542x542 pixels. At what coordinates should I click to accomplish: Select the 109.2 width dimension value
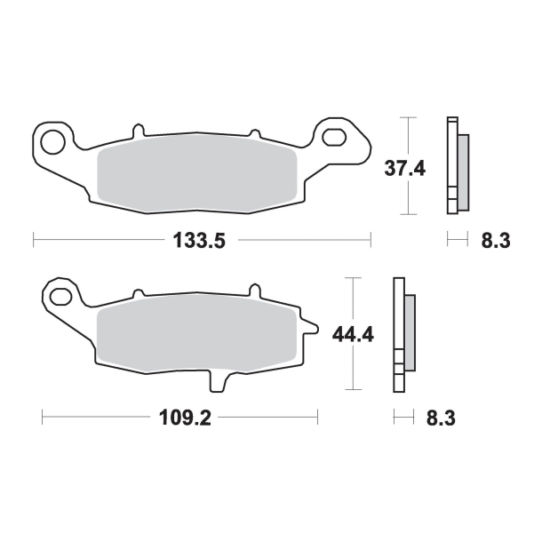point(183,417)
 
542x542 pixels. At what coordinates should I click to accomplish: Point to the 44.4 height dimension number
point(352,335)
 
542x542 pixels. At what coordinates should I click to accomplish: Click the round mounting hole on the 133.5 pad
point(52,139)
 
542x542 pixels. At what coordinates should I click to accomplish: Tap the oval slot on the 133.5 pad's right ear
point(336,136)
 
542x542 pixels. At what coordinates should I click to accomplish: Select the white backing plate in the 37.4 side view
point(451,166)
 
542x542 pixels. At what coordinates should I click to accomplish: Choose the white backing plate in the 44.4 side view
point(396,333)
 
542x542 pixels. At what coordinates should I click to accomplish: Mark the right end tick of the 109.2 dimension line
point(317,417)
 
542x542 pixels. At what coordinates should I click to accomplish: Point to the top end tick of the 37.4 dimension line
point(407,116)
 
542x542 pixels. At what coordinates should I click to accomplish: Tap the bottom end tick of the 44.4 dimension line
point(354,390)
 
